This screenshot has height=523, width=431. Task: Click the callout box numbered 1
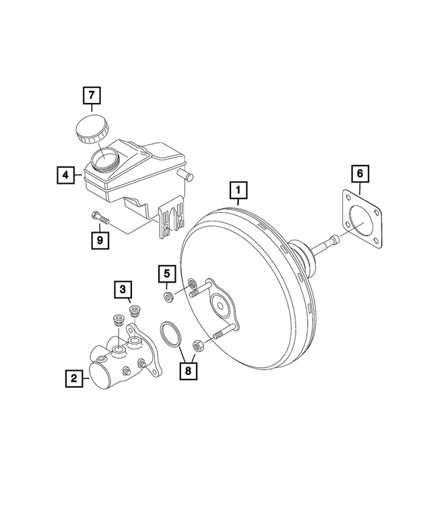pos(238,192)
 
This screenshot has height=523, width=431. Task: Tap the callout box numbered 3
pos(122,290)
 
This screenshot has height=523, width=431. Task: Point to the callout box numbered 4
pos(65,176)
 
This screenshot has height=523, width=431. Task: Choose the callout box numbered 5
pos(167,275)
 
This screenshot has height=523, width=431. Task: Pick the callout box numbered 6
pos(360,174)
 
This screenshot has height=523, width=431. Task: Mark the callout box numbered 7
pos(92,96)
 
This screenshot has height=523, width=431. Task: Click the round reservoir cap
pos(89,129)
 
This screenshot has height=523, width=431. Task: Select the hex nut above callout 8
pos(199,346)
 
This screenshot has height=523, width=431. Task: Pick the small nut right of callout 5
pos(169,296)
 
